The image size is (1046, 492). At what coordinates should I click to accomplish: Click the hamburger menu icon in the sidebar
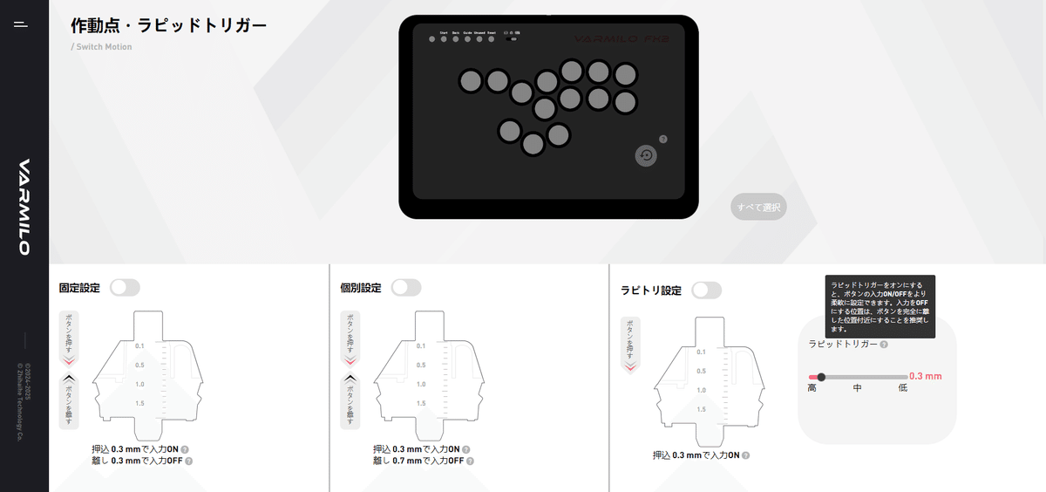pos(21,24)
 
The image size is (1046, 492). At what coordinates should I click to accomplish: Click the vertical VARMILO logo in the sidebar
pos(24,207)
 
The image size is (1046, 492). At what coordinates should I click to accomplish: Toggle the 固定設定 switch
pos(125,288)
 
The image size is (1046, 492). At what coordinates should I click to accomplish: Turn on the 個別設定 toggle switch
pos(406,288)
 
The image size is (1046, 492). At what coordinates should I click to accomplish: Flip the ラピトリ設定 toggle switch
pos(706,290)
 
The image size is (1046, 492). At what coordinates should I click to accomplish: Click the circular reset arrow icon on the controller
pos(646,155)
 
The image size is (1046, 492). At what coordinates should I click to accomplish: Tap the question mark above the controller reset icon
pos(663,139)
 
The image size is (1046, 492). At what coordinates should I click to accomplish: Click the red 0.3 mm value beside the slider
pos(925,377)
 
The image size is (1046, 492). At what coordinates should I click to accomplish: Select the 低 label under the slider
pos(903,388)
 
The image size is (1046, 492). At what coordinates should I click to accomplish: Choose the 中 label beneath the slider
pos(858,388)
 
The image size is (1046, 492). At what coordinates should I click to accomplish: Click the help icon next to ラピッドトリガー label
pos(884,345)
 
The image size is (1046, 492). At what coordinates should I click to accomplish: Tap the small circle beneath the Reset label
pos(491,38)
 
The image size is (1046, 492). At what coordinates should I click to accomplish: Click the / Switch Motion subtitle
pos(101,47)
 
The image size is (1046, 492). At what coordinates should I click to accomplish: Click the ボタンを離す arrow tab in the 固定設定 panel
pos(69,401)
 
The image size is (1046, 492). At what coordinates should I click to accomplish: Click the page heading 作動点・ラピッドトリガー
pos(168,25)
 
